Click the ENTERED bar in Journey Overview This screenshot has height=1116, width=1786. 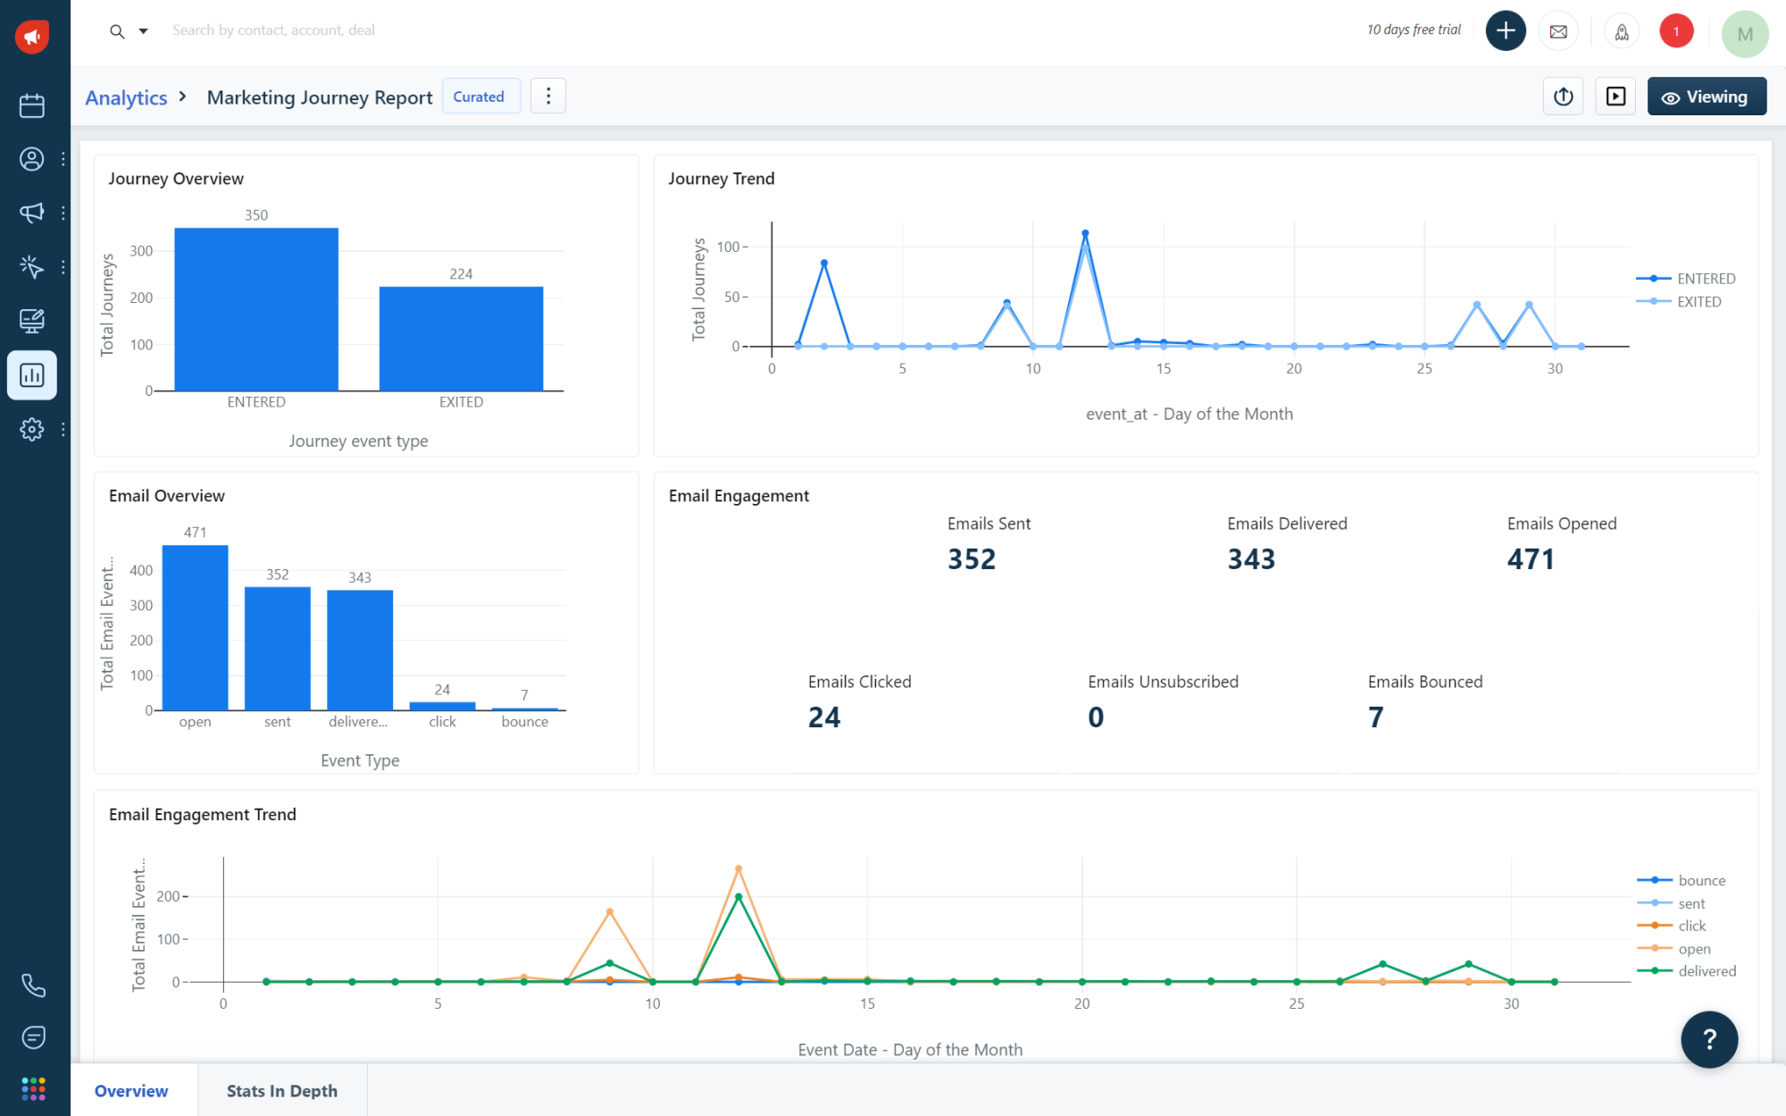[x=256, y=309]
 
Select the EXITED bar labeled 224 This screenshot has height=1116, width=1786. [x=461, y=339]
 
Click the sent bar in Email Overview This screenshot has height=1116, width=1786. [x=277, y=648]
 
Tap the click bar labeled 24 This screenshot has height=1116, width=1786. [x=442, y=706]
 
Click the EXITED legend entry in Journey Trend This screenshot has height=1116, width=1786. [x=1698, y=302]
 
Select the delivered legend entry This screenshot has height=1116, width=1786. [x=1706, y=971]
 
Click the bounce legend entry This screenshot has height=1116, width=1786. [x=1700, y=880]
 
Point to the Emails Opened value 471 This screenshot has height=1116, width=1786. [x=1531, y=559]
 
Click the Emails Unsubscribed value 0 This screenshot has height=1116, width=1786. [x=1096, y=717]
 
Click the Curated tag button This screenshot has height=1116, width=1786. [x=480, y=96]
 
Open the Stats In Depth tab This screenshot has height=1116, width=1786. [x=282, y=1091]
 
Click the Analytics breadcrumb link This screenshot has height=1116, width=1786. [x=126, y=97]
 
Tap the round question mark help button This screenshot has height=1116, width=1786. [x=1708, y=1039]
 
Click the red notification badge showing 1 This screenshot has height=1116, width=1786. [x=1675, y=31]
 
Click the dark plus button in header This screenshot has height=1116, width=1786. [x=1506, y=31]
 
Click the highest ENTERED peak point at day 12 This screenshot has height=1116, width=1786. [x=1085, y=233]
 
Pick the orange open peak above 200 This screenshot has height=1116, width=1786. [x=739, y=868]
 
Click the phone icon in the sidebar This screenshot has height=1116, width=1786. [x=33, y=986]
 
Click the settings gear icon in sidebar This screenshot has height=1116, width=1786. [x=32, y=429]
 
